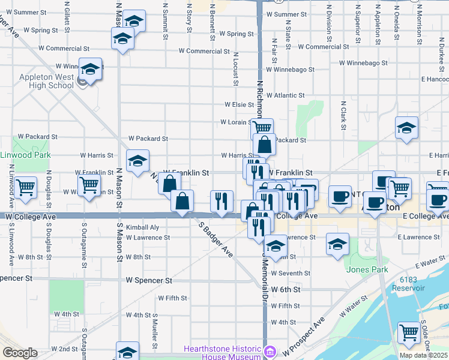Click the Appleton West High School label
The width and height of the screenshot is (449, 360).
click(x=46, y=81)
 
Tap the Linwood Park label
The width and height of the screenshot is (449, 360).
click(x=26, y=155)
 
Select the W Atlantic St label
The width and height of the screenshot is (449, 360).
click(x=285, y=95)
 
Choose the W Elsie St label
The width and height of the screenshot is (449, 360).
click(x=239, y=104)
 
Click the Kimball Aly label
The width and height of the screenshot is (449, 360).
click(x=142, y=227)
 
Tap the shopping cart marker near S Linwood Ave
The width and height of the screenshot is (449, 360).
click(x=25, y=188)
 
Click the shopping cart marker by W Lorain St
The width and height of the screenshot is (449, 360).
click(x=262, y=128)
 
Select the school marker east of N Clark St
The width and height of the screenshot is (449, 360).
click(x=406, y=128)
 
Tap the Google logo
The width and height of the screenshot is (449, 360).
click(x=20, y=353)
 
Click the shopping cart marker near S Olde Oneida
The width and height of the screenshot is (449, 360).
click(x=409, y=332)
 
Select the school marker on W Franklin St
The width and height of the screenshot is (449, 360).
click(x=137, y=161)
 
